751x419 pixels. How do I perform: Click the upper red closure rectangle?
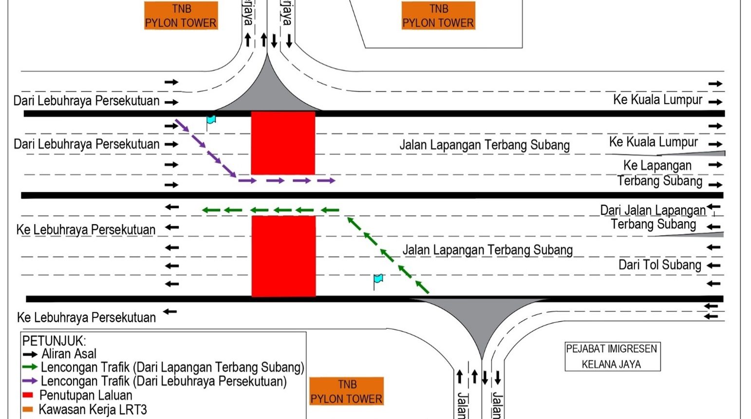point(283,143)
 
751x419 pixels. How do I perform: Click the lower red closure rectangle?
point(283,256)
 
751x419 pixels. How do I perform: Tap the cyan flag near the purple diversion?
point(211,120)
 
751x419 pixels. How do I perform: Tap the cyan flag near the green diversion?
point(378,279)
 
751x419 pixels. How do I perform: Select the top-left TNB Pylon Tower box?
point(181,16)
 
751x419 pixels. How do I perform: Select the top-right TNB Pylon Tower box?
point(438,16)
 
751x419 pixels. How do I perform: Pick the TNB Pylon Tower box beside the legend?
point(346,391)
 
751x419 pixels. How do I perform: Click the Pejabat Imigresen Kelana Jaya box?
point(612,356)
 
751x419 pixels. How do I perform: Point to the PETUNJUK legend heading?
point(54,340)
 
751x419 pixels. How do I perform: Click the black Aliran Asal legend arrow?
point(30,354)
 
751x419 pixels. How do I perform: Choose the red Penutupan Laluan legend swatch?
point(28,395)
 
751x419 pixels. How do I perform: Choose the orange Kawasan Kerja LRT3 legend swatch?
point(28,409)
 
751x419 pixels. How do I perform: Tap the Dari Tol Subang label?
point(659,265)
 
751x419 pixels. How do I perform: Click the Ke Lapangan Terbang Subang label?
point(659,173)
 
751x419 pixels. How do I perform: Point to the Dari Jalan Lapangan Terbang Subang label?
point(653,217)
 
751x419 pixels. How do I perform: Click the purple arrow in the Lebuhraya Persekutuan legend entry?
point(30,381)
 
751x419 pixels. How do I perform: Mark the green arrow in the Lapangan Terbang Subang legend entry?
point(30,367)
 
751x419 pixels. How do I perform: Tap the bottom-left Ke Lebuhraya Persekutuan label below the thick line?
point(86,318)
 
